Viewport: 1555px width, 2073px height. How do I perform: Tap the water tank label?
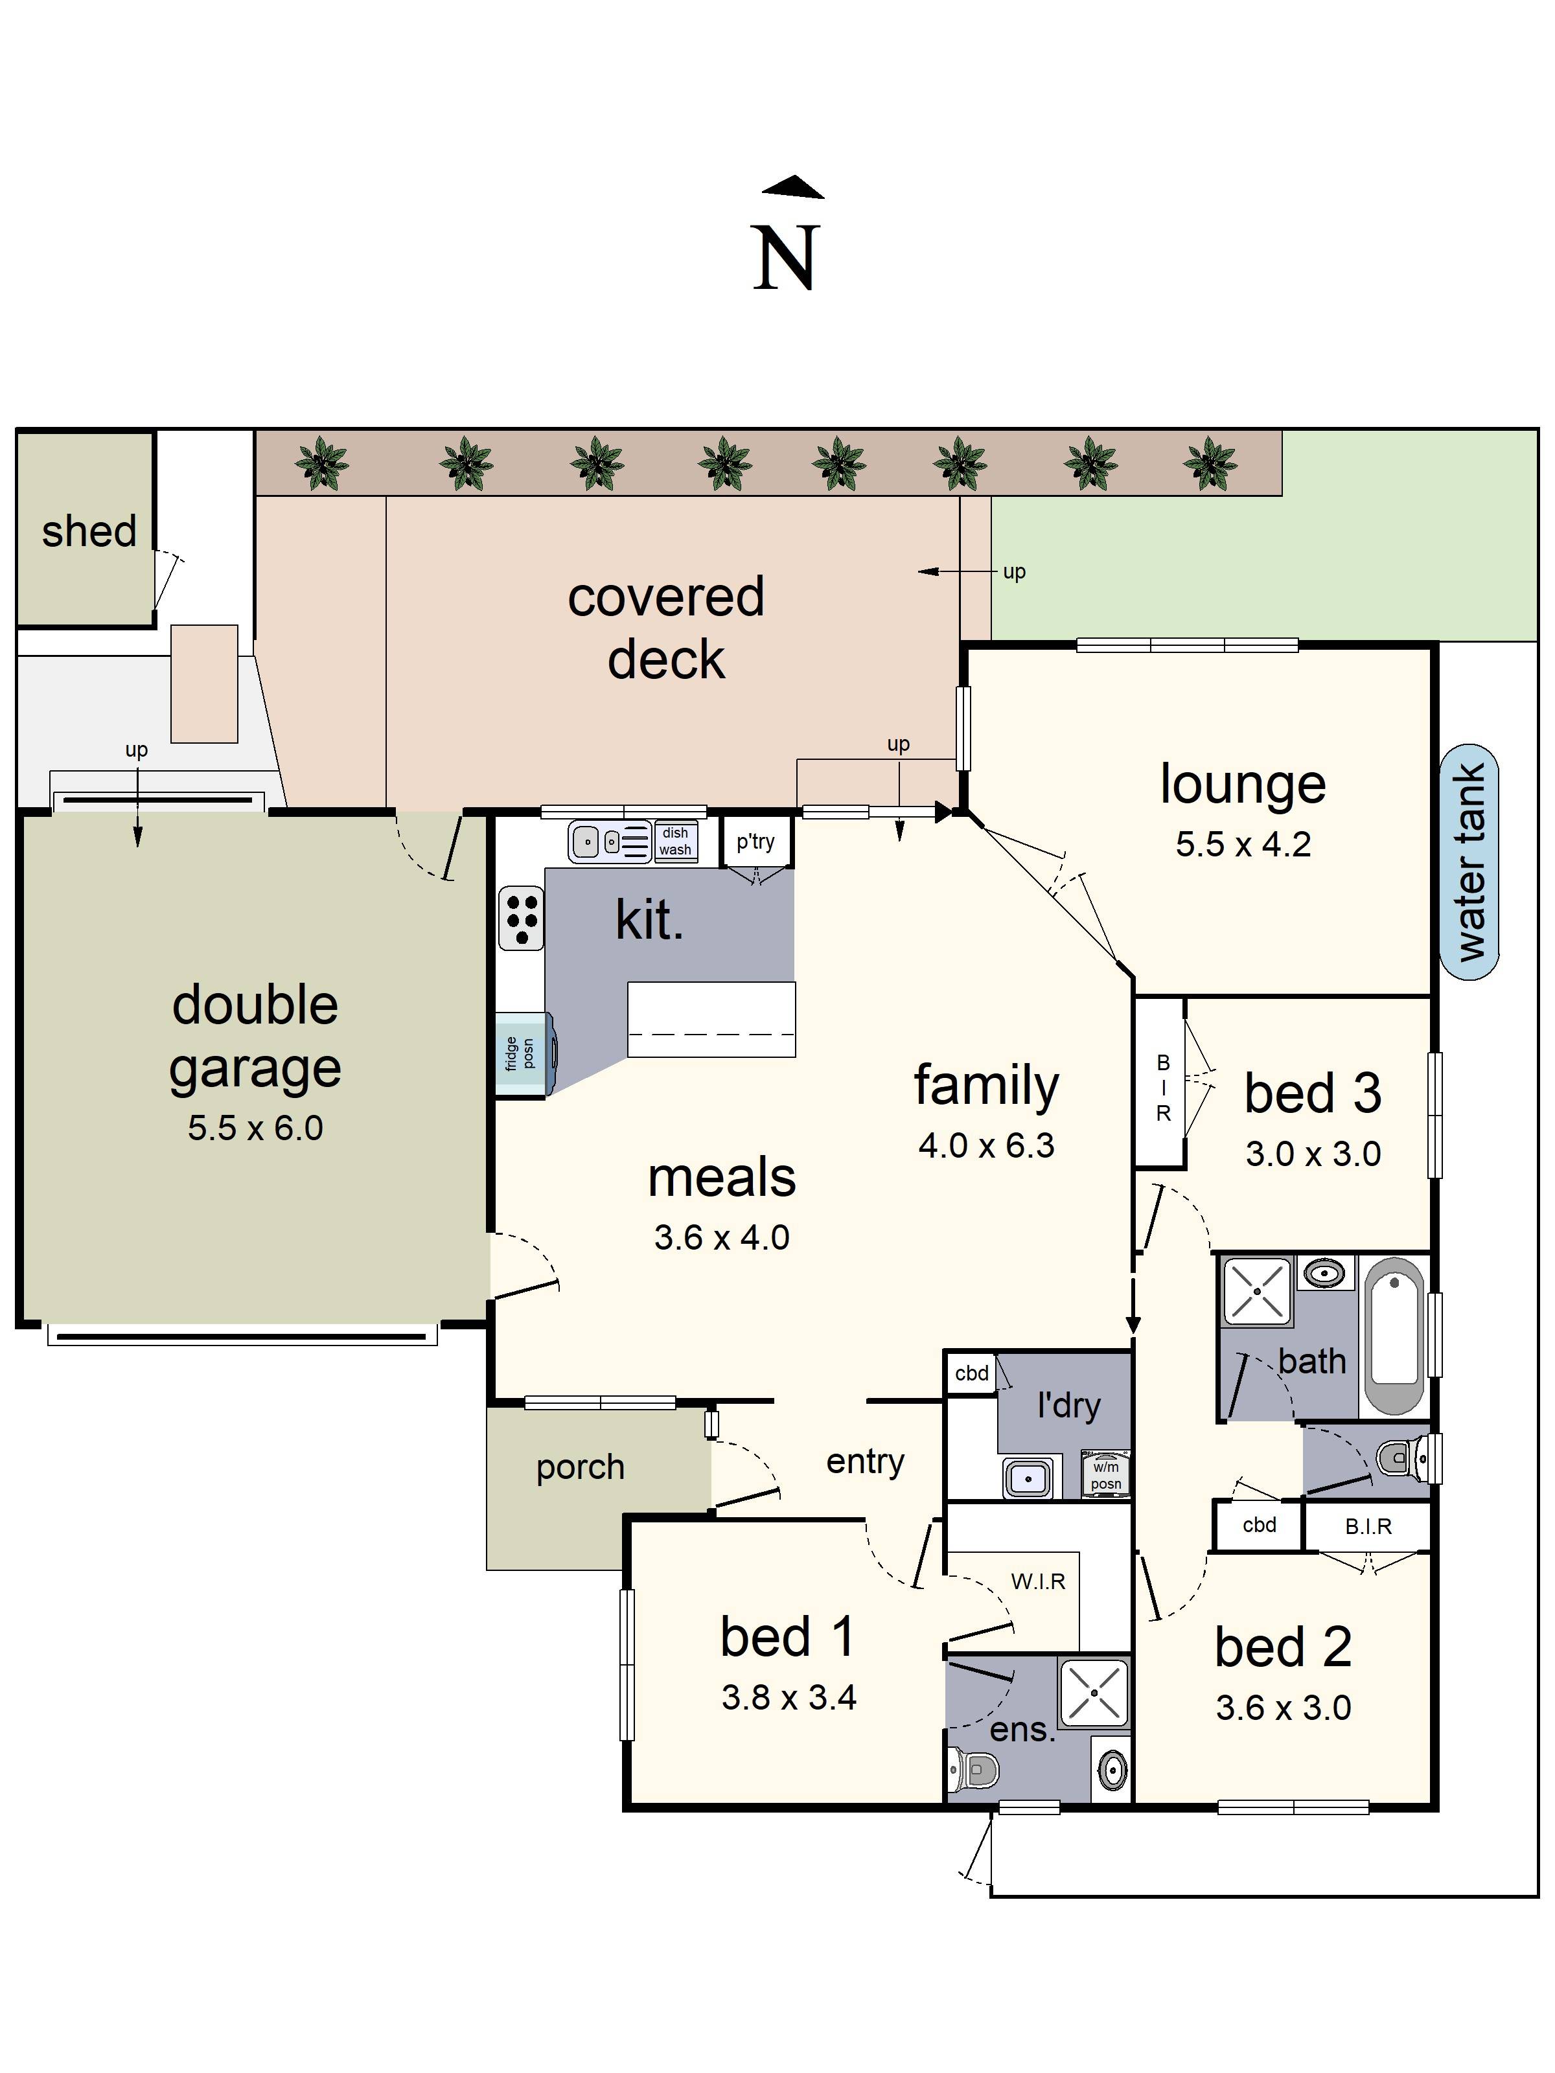(1469, 862)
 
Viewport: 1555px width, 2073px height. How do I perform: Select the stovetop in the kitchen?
(521, 919)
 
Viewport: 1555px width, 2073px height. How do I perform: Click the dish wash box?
(675, 841)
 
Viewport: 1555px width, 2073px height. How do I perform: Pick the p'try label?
(755, 842)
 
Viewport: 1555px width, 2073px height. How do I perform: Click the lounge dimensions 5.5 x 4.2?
(1243, 844)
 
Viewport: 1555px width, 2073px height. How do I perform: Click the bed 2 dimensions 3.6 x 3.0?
(1283, 1708)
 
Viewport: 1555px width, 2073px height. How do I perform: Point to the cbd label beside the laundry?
(972, 1374)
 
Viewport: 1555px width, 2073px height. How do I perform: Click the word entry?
(865, 1462)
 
